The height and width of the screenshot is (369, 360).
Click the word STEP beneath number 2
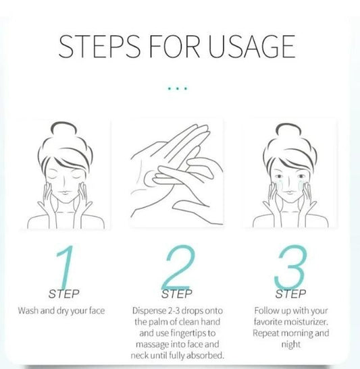click(x=177, y=294)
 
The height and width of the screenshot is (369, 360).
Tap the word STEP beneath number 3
click(x=290, y=294)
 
